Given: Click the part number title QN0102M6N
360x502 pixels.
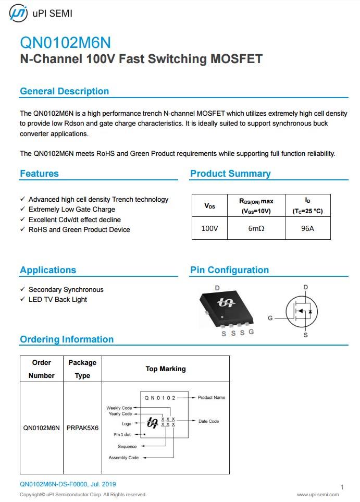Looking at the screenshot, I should (65, 42).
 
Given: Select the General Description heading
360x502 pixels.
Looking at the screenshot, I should (64, 91).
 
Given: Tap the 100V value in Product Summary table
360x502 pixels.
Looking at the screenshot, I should (209, 228).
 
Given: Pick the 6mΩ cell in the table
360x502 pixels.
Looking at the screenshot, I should (256, 228).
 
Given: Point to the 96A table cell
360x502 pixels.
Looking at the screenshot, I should (307, 228).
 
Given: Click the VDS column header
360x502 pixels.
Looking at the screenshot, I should (209, 206).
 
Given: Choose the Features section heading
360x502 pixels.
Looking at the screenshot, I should (39, 174).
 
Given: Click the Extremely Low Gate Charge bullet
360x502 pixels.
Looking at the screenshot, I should (71, 209).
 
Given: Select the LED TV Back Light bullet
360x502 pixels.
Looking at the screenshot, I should (57, 299).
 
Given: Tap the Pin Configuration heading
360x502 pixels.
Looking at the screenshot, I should (229, 270).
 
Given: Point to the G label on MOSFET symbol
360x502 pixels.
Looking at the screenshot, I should (270, 318).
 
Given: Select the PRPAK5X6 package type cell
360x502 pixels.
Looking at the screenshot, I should (82, 428).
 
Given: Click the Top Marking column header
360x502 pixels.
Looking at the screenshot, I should (166, 369).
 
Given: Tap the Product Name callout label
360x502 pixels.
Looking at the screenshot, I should (212, 398).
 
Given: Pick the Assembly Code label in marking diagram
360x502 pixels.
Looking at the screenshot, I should (123, 458).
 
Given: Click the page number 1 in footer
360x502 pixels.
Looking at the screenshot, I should (342, 487).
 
